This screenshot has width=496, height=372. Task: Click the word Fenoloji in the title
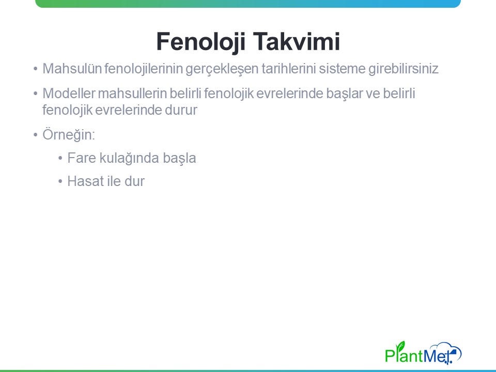click(x=201, y=42)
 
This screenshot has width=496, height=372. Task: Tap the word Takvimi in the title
click(x=297, y=41)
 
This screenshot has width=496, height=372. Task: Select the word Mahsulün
click(x=72, y=69)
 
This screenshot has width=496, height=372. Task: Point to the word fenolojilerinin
click(x=144, y=69)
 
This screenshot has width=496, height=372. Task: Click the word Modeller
click(x=69, y=94)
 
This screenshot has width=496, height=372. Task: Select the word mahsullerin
click(x=133, y=94)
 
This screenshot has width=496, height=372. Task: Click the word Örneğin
click(x=69, y=134)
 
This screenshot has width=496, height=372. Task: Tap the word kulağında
click(x=129, y=159)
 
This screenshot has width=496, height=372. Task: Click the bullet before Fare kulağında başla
click(x=60, y=158)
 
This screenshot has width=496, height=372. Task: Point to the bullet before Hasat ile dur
click(x=60, y=181)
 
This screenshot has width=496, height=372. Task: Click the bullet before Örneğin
click(x=36, y=135)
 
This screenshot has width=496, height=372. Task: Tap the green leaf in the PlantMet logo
click(x=401, y=346)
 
